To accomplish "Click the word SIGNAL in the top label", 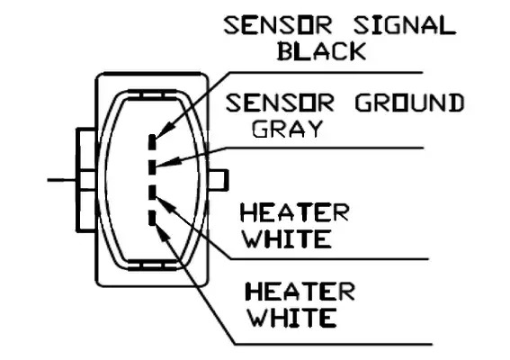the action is tap(404, 26).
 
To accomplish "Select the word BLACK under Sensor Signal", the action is tap(322, 51).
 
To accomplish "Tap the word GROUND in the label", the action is tap(410, 103).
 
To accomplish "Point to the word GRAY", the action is tap(287, 129).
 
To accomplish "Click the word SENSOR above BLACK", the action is tap(278, 26).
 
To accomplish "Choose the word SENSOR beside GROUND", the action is tap(280, 103).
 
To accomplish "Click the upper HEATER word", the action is tap(295, 212).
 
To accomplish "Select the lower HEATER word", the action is tap(300, 291).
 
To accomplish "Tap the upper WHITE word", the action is tap(288, 238).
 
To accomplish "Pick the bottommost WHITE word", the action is tap(292, 318).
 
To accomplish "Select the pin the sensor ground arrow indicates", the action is tap(152, 167).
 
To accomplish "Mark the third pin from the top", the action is tap(152, 192).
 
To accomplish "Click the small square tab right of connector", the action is tap(219, 180).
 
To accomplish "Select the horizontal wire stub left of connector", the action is tap(62, 180).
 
